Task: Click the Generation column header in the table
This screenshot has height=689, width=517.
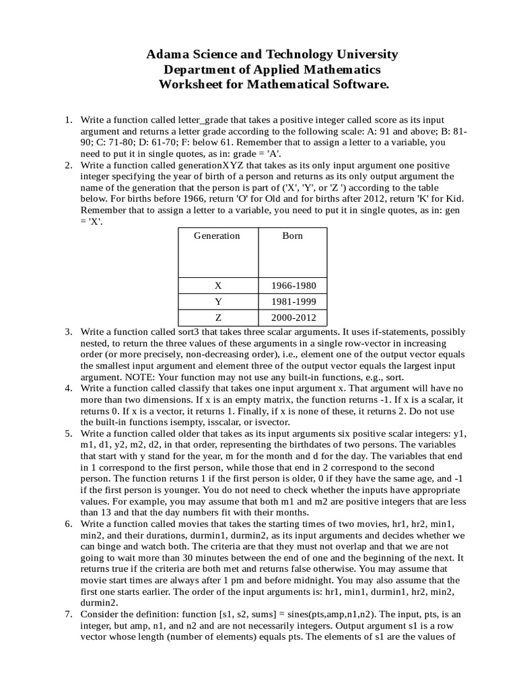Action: click(217, 235)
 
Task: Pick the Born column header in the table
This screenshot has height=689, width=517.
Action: click(293, 235)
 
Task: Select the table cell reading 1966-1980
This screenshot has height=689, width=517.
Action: click(293, 285)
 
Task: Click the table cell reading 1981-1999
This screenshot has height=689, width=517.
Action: click(293, 301)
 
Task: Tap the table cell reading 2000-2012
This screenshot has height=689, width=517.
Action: click(293, 318)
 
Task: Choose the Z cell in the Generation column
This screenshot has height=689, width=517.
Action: click(217, 318)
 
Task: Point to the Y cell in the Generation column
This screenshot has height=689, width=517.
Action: click(217, 301)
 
